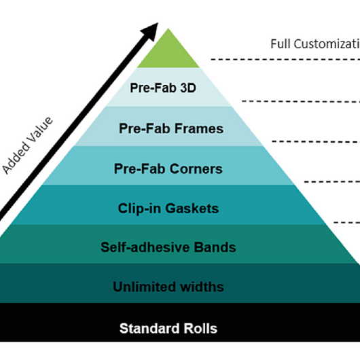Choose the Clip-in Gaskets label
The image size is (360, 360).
(169, 208)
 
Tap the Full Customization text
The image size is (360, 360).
(314, 44)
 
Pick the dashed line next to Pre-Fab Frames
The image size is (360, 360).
(315, 141)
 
